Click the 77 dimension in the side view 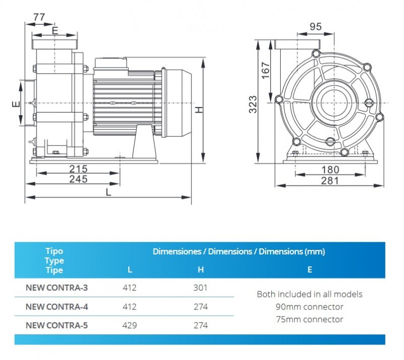[x=39, y=17]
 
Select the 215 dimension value [x=78, y=169]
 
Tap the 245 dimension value [x=78, y=179]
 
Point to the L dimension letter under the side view [x=108, y=192]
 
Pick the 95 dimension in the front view [x=316, y=26]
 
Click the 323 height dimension [x=254, y=104]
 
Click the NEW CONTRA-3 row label [x=57, y=288]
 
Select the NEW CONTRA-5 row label [x=57, y=325]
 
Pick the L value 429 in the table [x=130, y=325]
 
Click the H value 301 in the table [x=200, y=288]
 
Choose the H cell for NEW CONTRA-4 [x=200, y=307]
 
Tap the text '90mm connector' [x=310, y=306]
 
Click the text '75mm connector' [x=310, y=319]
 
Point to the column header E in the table [x=310, y=270]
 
